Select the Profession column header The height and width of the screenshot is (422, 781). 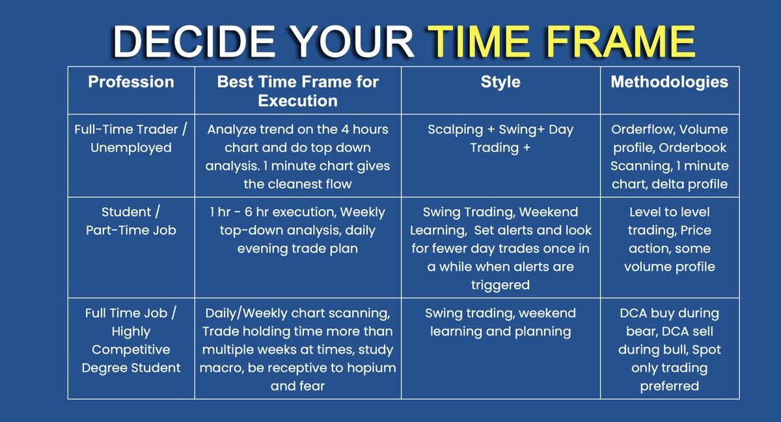pos(131,82)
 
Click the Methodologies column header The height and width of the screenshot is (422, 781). pos(669,82)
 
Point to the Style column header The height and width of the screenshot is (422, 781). pos(500,82)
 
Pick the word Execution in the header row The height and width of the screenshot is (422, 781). pos(297,101)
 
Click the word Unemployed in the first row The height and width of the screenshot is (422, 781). pos(131,148)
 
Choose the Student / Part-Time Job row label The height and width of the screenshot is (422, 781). pos(131,221)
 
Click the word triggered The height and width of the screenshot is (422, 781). pos(500,285)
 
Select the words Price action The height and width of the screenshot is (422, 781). pos(669,240)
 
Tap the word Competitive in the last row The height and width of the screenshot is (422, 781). pos(131,350)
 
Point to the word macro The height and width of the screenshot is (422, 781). pos(225,368)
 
